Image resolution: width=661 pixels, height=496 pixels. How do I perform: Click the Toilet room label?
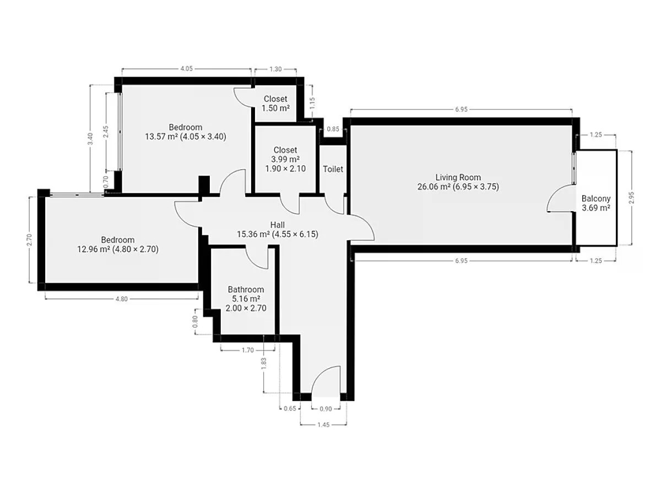click(x=333, y=169)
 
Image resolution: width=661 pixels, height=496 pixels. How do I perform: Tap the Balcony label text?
click(x=595, y=198)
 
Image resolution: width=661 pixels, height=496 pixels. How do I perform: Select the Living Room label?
click(x=458, y=177)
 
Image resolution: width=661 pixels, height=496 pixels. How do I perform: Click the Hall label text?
click(x=277, y=225)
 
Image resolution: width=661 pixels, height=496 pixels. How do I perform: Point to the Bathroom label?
click(x=246, y=289)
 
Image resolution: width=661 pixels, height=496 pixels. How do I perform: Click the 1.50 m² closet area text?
click(x=275, y=108)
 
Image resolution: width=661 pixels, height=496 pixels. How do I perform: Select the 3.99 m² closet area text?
click(x=285, y=159)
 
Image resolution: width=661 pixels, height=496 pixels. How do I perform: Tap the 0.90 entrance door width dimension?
click(x=326, y=409)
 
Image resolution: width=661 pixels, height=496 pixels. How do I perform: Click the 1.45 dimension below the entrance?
click(x=323, y=424)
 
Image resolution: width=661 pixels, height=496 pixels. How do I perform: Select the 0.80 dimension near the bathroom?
click(x=195, y=321)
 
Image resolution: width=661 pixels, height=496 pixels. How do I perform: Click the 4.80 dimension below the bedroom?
click(x=121, y=299)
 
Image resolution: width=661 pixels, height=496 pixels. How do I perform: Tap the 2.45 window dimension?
click(x=105, y=132)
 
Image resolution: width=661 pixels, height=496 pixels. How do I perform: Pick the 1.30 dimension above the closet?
click(x=275, y=69)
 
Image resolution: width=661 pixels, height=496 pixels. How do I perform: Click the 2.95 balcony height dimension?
click(x=631, y=197)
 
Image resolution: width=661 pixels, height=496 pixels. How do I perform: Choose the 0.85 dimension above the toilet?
click(x=333, y=129)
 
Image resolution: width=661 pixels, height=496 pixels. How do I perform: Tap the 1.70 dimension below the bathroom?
click(x=247, y=350)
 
